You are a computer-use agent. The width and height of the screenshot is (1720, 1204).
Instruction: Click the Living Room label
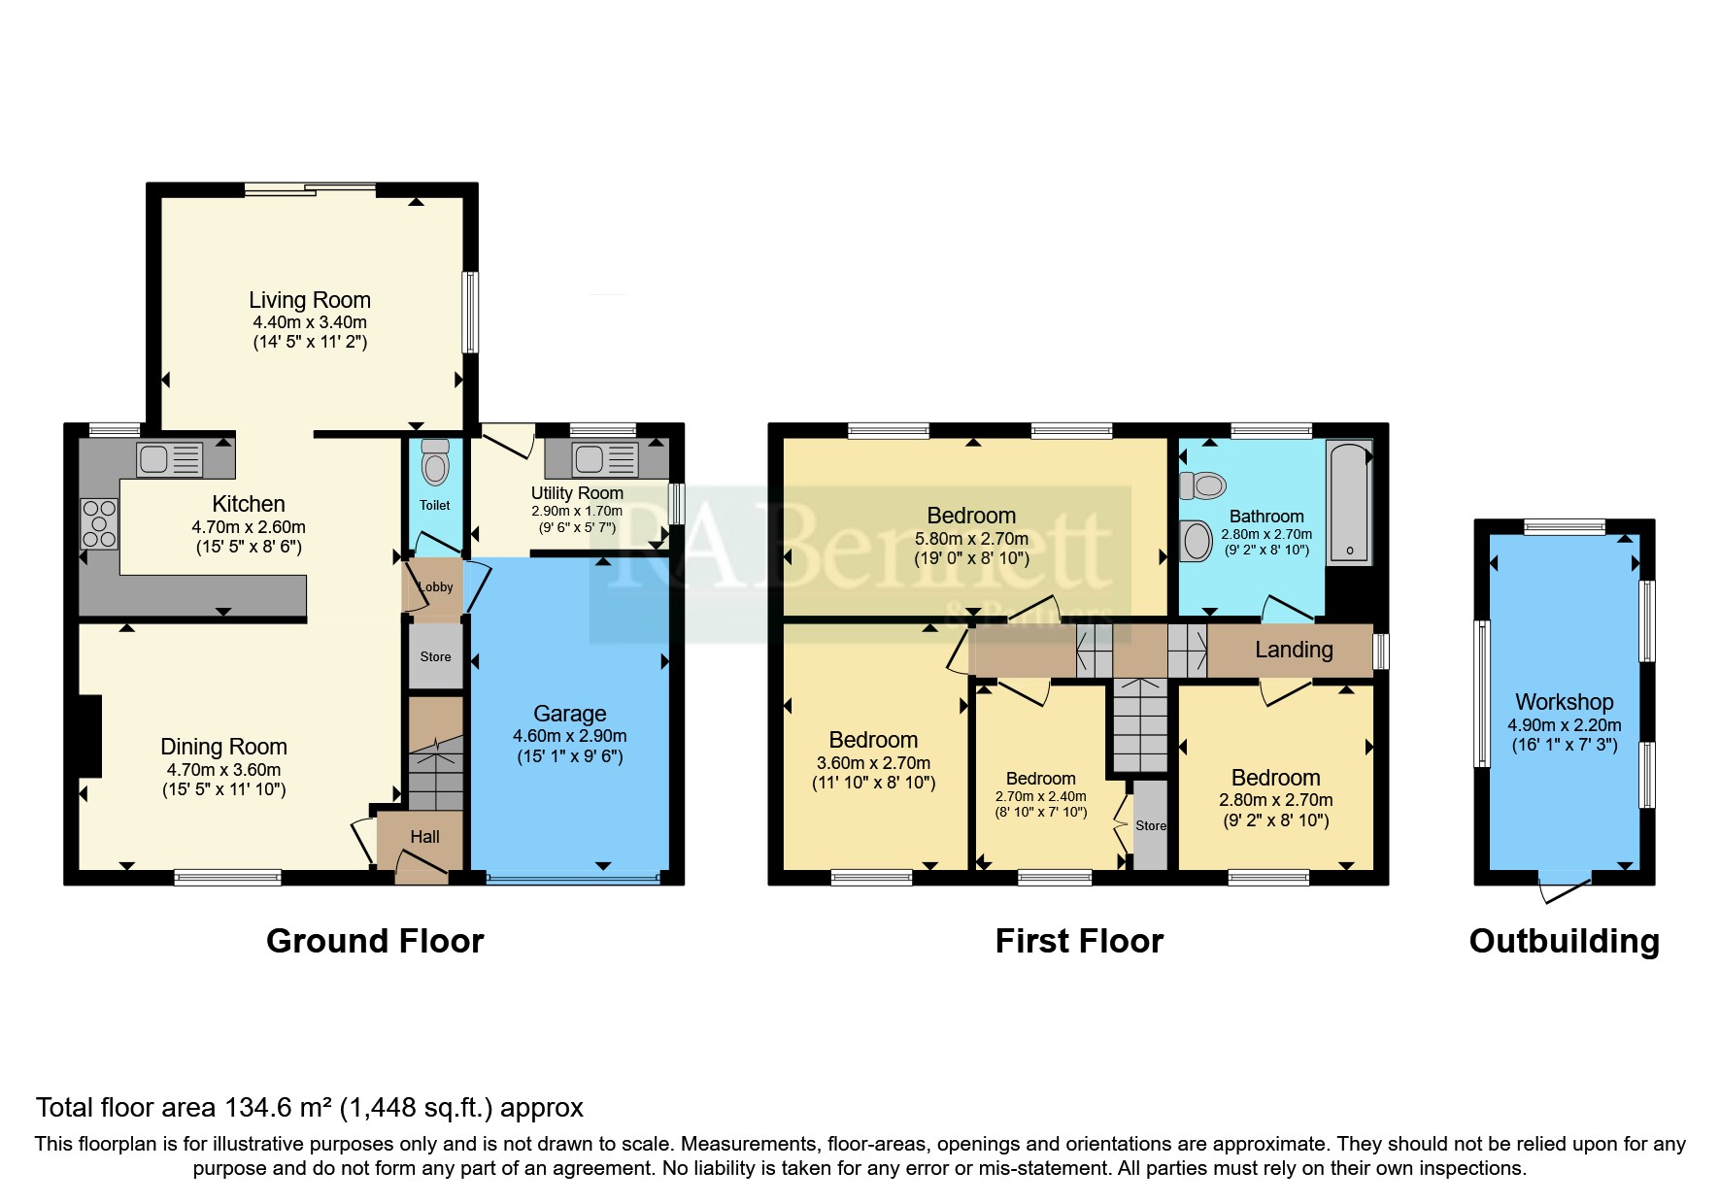tap(309, 300)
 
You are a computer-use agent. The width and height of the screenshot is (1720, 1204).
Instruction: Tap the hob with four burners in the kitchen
tap(99, 523)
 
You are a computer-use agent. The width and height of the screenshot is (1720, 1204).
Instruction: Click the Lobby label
tap(436, 586)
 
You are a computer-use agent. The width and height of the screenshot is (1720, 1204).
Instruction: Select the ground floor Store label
tap(435, 656)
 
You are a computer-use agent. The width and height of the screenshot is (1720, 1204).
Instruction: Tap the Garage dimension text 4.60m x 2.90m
tap(569, 736)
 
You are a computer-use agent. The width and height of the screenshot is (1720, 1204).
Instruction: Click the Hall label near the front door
tap(424, 837)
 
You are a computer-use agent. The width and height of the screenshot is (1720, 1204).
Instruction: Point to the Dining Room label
tap(223, 747)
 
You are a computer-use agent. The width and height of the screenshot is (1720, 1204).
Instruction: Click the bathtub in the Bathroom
tap(1349, 502)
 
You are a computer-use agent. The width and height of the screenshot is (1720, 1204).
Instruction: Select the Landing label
tap(1294, 650)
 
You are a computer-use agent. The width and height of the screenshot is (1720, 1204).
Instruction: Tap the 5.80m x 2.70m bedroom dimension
tap(971, 538)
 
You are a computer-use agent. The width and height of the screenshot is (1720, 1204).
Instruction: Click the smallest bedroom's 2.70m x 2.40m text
tap(1040, 796)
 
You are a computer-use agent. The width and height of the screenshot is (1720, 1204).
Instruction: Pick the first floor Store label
tap(1151, 825)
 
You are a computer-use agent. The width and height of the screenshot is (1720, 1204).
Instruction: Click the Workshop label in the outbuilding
tap(1564, 702)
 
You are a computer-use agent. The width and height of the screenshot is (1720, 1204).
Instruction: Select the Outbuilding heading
tap(1564, 941)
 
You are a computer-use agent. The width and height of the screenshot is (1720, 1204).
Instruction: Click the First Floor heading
tap(1079, 941)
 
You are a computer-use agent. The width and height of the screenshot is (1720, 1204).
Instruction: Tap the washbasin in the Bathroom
tap(1197, 540)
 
